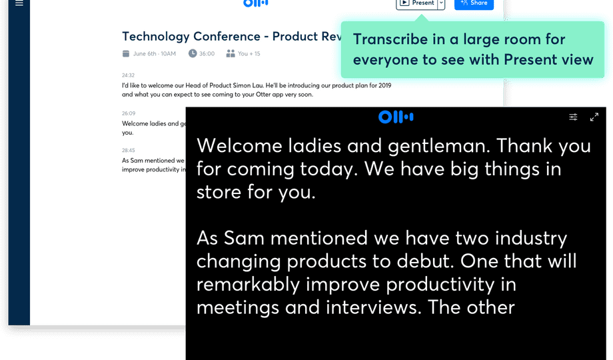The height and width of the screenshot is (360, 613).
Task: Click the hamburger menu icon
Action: click(19, 3)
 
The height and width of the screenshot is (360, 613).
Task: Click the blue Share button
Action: click(474, 3)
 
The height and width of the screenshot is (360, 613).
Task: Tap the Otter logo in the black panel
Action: click(396, 117)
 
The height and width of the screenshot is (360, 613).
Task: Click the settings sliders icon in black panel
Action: click(573, 117)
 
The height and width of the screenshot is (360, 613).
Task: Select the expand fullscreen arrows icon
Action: click(594, 117)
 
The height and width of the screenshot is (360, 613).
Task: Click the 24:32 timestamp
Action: click(128, 75)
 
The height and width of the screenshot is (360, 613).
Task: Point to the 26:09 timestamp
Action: click(128, 113)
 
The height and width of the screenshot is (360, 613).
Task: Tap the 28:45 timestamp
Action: click(128, 151)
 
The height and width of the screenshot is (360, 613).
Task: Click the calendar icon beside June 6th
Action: click(126, 53)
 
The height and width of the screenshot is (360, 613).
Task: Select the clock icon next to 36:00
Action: click(193, 53)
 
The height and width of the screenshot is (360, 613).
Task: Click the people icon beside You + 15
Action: click(231, 53)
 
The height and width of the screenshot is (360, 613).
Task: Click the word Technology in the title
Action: click(156, 36)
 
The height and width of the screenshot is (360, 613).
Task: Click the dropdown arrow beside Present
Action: click(441, 3)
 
